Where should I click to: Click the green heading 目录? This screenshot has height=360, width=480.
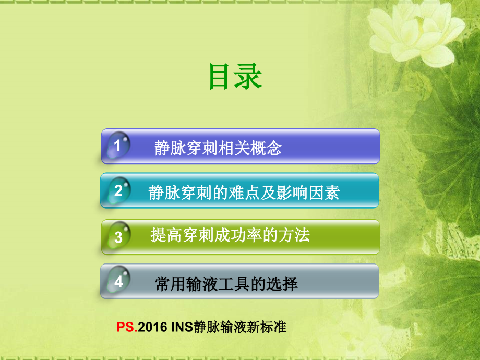click(235, 77)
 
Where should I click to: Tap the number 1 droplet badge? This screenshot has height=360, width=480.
click(118, 146)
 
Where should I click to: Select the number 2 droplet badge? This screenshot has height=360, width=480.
click(118, 191)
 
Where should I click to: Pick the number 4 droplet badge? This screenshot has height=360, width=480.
click(118, 282)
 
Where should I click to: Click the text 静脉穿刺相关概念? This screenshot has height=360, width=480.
click(218, 148)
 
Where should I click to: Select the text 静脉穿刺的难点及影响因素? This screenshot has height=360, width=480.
click(244, 193)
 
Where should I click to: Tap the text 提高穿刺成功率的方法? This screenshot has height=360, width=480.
click(230, 235)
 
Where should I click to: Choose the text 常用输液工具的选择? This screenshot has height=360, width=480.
click(226, 284)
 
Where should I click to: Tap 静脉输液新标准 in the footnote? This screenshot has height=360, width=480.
click(239, 328)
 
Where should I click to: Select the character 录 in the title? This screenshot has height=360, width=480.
click(248, 77)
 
